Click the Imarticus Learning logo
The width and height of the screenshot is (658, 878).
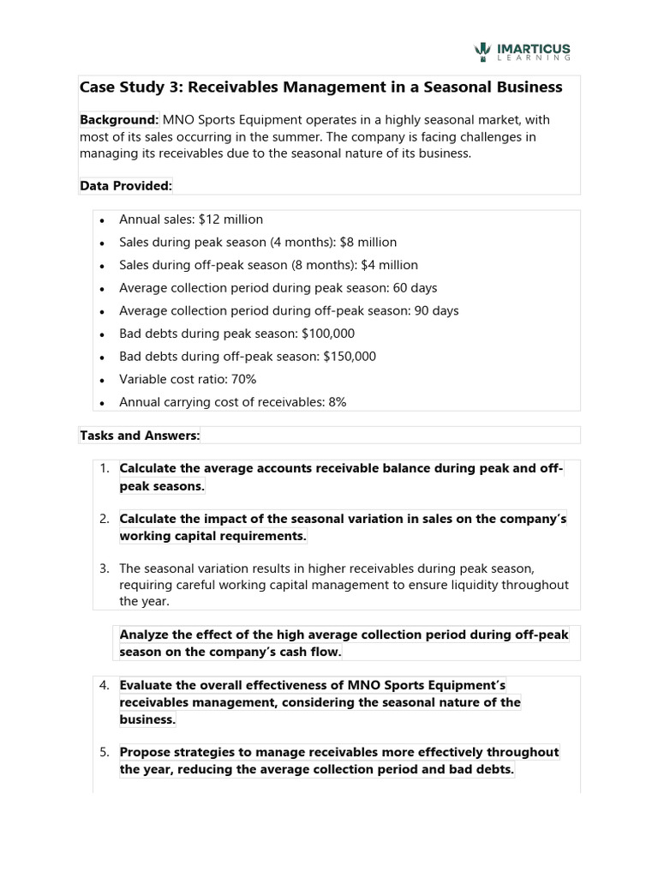522,52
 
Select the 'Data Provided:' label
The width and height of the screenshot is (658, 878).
126,184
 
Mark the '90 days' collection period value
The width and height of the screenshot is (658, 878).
437,310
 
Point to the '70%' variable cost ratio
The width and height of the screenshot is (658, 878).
243,379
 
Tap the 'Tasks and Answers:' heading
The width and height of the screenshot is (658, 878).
140,436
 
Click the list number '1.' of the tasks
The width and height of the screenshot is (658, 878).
104,468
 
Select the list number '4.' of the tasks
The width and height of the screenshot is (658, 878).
104,685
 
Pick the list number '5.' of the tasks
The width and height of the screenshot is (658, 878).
104,752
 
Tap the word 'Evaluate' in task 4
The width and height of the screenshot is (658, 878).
147,685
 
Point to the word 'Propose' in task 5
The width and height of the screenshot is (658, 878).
145,752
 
